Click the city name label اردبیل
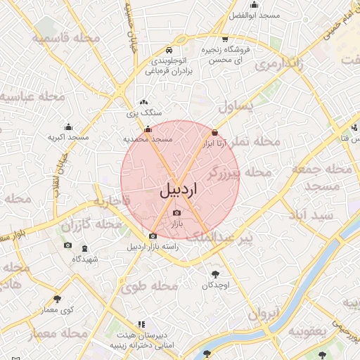click(179, 189)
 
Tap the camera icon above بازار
click(176, 212)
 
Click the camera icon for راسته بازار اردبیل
click(153, 236)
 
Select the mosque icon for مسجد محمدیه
click(147, 129)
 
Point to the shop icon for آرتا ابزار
click(214, 132)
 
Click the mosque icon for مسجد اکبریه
click(68, 127)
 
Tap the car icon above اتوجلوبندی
click(169, 51)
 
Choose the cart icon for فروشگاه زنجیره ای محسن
click(225, 39)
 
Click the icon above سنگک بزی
click(143, 103)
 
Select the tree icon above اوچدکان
click(215, 275)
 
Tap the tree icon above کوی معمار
click(57, 299)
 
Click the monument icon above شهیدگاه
click(84, 249)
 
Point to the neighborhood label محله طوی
click(148, 287)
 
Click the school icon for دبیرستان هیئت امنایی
click(141, 325)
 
